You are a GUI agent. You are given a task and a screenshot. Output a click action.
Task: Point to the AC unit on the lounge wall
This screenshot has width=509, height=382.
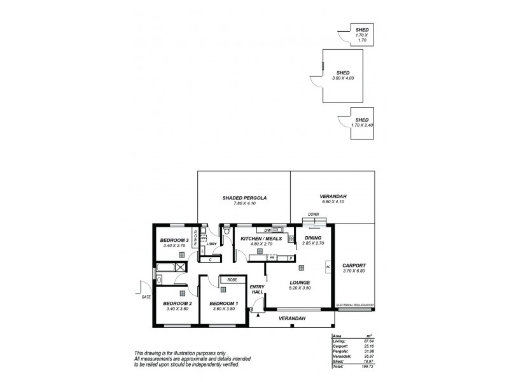point(328,267)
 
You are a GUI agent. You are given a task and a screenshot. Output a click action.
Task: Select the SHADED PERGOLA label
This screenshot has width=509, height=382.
point(244,198)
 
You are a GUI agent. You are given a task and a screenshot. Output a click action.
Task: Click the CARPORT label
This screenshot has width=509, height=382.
point(354,265)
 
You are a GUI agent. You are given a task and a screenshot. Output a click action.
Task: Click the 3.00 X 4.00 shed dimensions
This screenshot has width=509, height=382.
point(344,78)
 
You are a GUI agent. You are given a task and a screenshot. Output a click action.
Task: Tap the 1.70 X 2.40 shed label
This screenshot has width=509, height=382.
point(361,125)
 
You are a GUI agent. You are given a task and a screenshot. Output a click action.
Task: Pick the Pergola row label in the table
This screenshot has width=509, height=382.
point(338,351)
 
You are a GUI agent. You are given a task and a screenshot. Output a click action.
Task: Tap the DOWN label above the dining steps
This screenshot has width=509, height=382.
point(312,215)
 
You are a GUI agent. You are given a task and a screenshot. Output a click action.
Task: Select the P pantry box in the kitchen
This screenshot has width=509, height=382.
point(291,258)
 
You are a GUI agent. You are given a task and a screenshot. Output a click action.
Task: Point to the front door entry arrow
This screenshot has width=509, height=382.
point(257,313)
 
